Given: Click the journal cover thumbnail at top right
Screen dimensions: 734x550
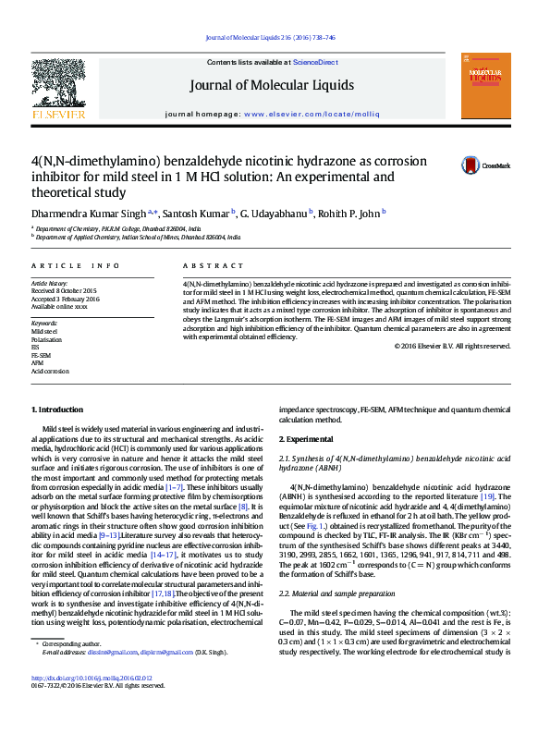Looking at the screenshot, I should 484,86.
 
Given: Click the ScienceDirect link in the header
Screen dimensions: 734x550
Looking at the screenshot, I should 314,61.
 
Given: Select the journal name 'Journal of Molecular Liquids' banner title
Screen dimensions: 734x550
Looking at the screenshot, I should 271,86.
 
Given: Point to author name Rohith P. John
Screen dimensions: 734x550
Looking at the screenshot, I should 348,214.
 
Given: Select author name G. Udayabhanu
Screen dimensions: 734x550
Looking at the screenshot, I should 275,214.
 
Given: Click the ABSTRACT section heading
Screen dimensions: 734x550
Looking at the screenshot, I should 207,265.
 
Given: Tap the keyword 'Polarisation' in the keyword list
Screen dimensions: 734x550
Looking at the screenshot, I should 46,339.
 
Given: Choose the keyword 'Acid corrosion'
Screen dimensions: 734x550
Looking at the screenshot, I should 50,371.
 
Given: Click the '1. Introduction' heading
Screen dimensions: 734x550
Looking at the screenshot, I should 58,409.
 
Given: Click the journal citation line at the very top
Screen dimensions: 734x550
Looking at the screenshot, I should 271,37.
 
